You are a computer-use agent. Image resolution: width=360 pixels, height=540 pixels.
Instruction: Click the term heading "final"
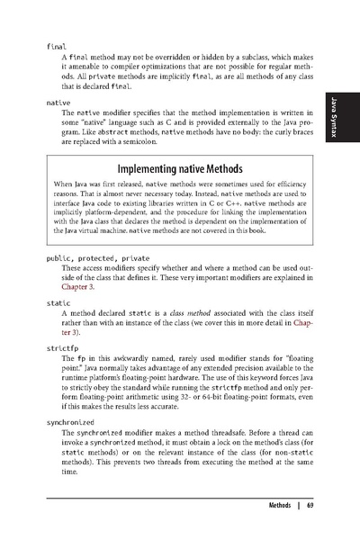tap(56, 45)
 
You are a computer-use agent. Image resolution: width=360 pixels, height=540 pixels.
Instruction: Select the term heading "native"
tap(58, 103)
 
